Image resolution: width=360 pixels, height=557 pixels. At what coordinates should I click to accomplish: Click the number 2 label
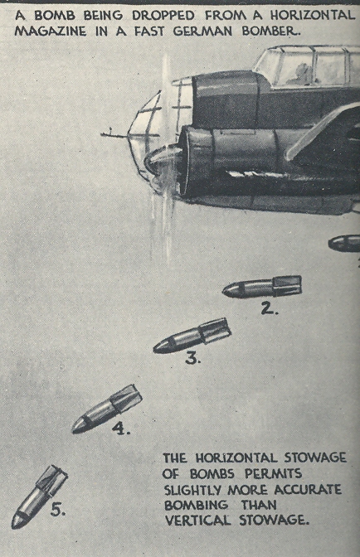(269, 308)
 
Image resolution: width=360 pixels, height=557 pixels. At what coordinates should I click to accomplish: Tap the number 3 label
(193, 358)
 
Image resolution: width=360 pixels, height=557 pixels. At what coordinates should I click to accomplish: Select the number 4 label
(121, 429)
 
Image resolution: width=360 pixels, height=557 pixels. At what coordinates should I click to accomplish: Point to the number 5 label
(58, 510)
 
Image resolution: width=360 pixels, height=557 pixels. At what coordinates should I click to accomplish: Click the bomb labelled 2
(262, 287)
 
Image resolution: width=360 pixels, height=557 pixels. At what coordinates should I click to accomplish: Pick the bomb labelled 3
(192, 336)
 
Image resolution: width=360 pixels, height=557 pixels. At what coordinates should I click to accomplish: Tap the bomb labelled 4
(107, 409)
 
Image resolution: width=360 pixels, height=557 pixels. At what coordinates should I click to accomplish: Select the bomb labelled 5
(39, 496)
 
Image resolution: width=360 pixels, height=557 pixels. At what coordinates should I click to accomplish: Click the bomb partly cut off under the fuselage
(344, 244)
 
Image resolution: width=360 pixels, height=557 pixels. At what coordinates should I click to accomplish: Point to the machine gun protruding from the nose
(115, 134)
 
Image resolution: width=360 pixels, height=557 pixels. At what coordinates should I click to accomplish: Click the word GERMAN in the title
(203, 31)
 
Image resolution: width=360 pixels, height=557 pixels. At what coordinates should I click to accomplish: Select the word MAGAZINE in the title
(51, 31)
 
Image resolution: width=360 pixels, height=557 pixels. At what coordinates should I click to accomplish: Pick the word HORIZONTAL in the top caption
(313, 15)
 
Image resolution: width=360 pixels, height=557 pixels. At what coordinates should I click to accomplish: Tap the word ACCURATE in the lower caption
(308, 490)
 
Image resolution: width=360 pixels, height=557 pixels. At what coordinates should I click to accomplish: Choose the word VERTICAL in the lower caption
(198, 521)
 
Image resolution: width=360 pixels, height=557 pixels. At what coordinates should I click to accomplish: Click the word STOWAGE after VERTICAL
(272, 521)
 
